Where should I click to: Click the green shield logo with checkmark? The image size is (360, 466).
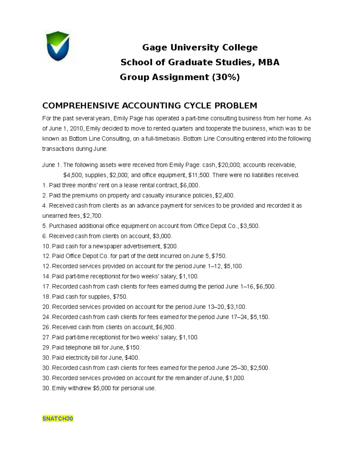58,47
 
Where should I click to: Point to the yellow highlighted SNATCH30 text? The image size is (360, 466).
58,419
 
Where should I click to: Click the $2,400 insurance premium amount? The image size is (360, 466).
225,195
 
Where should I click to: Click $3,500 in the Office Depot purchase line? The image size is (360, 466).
250,226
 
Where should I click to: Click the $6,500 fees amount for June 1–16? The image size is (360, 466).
265,287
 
